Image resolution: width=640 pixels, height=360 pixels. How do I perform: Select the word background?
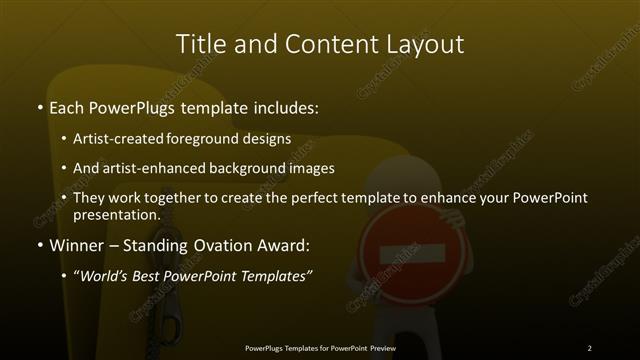point(248,168)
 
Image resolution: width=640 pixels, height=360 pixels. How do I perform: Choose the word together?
point(179,198)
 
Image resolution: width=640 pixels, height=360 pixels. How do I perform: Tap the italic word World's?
point(108,275)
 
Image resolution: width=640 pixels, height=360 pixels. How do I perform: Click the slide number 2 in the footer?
point(590,347)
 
